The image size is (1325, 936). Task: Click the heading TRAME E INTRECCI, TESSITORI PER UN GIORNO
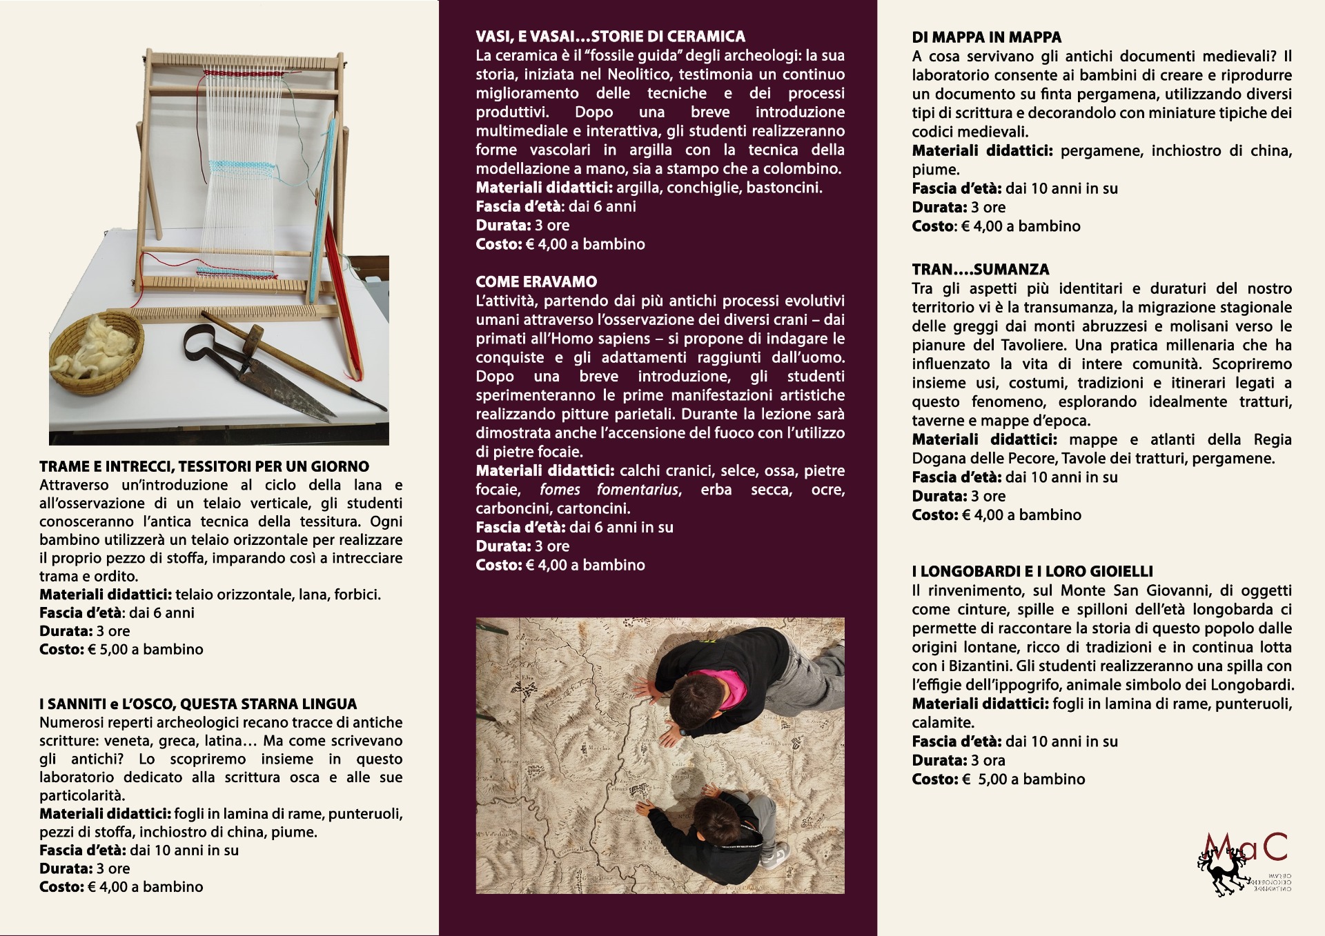click(x=204, y=466)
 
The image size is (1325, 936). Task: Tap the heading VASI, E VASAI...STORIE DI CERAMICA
click(x=610, y=37)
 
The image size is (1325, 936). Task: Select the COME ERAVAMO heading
click(x=536, y=281)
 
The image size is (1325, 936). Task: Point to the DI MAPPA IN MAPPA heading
click(x=986, y=37)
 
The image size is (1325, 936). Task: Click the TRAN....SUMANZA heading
click(x=980, y=270)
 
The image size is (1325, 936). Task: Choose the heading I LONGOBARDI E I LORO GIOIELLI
click(x=1032, y=571)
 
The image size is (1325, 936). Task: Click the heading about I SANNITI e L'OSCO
click(x=198, y=704)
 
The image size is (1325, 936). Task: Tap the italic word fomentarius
click(x=638, y=490)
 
